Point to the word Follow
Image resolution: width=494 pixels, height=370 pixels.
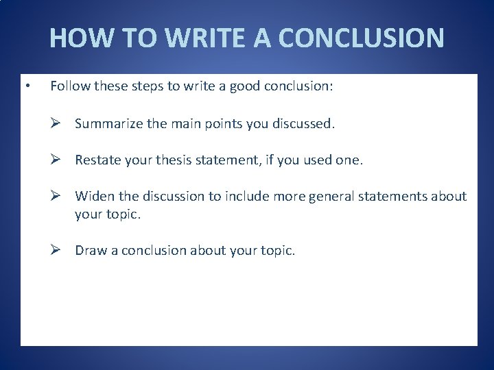[x=68, y=87]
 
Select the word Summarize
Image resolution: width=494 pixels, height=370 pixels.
[x=106, y=124]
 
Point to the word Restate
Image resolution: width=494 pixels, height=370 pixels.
[x=97, y=160]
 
